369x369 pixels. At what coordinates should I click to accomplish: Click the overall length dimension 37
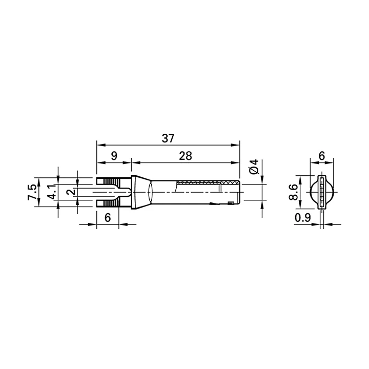(x=168, y=138)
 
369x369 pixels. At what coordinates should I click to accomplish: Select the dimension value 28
(x=186, y=156)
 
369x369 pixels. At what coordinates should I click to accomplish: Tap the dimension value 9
(x=114, y=156)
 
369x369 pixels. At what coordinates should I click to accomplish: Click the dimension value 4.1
(x=51, y=192)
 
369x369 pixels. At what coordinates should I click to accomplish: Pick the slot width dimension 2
(x=71, y=192)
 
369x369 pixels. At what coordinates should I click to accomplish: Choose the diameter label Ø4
(x=254, y=167)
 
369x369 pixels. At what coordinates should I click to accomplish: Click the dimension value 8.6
(x=293, y=192)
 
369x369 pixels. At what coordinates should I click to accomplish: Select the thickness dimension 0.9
(x=303, y=218)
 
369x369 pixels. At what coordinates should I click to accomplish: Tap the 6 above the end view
(x=322, y=156)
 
